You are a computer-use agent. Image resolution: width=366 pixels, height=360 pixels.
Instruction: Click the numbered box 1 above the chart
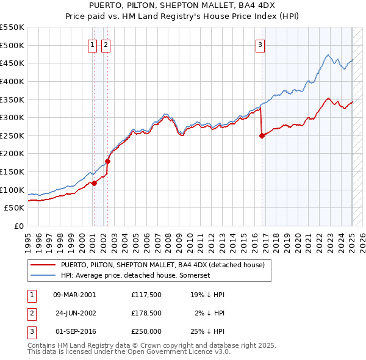pos(92,44)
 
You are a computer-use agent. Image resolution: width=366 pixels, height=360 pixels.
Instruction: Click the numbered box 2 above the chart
pos(106,44)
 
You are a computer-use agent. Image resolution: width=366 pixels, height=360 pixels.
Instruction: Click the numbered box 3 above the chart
pos(260,44)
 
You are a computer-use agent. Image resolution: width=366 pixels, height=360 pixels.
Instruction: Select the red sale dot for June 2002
pos(108,162)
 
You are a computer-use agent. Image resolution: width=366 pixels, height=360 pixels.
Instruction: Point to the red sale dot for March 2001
pos(95,184)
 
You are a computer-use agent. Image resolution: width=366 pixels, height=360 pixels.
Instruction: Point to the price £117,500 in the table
pos(146,295)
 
